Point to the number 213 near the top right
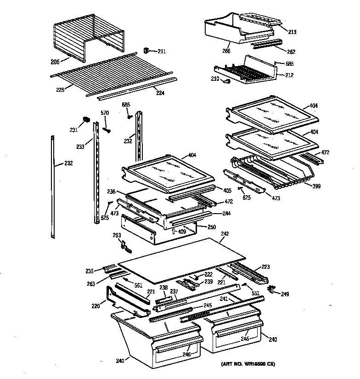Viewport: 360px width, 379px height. [x=292, y=32]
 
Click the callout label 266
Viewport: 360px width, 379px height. [x=226, y=51]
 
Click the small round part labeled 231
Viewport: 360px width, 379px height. [x=85, y=120]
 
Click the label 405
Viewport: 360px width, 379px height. [x=227, y=191]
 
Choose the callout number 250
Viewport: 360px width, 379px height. [x=211, y=227]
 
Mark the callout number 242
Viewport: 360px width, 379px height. [x=225, y=234]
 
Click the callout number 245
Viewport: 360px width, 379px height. [x=208, y=305]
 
